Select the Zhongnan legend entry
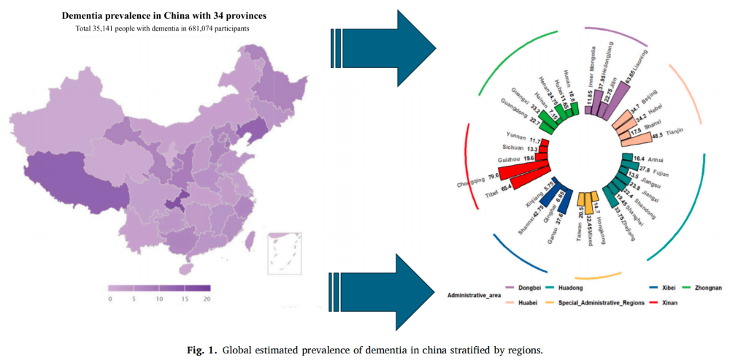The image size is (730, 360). pyautogui.click(x=706, y=288)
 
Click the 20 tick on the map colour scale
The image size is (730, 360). pyautogui.click(x=207, y=299)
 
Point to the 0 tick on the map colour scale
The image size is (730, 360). pyautogui.click(x=109, y=299)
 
